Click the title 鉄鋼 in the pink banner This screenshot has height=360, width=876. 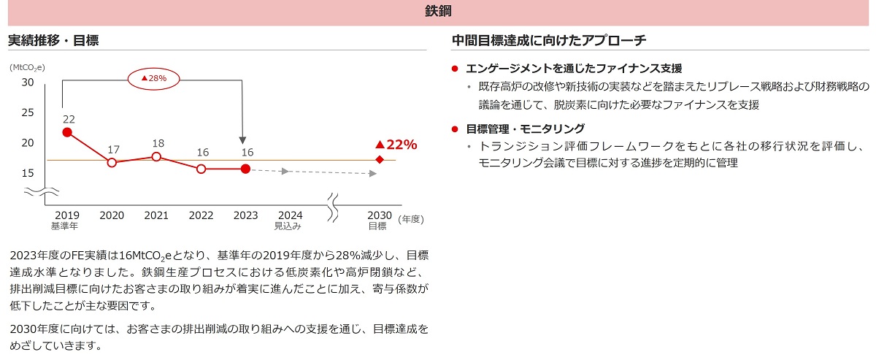(438, 11)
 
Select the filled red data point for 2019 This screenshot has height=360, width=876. (67, 132)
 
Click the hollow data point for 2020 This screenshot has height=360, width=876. (112, 162)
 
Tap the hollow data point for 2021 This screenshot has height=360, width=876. (156, 156)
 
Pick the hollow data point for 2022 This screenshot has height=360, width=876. (201, 169)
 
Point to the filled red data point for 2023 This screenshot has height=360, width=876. (245, 169)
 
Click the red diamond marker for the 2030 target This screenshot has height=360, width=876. (379, 159)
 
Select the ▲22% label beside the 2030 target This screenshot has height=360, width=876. (396, 145)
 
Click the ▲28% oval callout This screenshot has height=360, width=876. (154, 77)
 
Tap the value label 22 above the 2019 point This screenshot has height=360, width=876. (69, 119)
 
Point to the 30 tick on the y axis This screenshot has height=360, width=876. (28, 82)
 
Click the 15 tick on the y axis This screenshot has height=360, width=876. (28, 173)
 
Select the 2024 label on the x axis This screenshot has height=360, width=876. (290, 215)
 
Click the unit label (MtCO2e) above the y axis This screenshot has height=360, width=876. (27, 67)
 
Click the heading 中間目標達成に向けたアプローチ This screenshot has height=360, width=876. (549, 41)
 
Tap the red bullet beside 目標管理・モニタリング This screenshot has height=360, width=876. (455, 129)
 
